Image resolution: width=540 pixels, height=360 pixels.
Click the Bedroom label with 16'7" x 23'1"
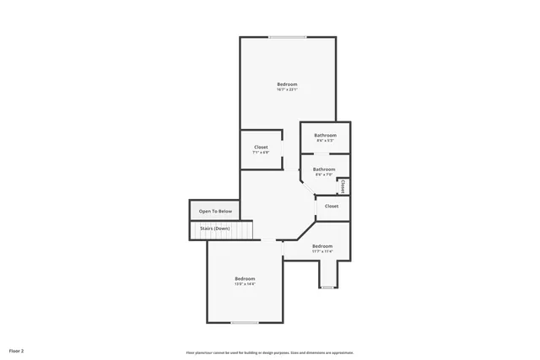pos(287,83)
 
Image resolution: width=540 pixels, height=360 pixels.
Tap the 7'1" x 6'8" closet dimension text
pos(262,153)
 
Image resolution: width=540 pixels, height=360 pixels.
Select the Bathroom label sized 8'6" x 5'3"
pos(325,135)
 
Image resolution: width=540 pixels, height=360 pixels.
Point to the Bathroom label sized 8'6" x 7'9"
pos(324,169)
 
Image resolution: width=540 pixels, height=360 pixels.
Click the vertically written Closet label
pos(343,185)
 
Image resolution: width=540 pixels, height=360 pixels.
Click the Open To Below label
pos(214,211)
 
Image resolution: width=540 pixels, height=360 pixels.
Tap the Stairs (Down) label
pos(214,228)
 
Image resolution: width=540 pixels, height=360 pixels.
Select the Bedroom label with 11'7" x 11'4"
pos(323,246)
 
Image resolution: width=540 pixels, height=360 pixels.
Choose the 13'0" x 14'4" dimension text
pos(245,284)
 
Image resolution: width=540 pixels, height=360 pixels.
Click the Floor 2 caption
pos(17,350)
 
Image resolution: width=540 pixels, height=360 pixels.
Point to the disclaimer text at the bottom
pos(269,352)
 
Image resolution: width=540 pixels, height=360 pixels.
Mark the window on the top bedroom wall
pos(288,36)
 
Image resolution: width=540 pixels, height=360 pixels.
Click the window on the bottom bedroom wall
pos(245,322)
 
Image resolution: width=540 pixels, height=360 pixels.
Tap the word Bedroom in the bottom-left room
pos(245,278)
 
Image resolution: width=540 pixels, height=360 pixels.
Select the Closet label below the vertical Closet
pos(332,206)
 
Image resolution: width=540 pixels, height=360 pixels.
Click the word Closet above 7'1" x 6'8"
pos(262,147)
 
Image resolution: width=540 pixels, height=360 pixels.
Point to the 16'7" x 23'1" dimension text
pos(287,89)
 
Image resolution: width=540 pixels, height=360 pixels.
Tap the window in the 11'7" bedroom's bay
pos(327,287)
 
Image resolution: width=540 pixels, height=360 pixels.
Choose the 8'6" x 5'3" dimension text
pos(325,141)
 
